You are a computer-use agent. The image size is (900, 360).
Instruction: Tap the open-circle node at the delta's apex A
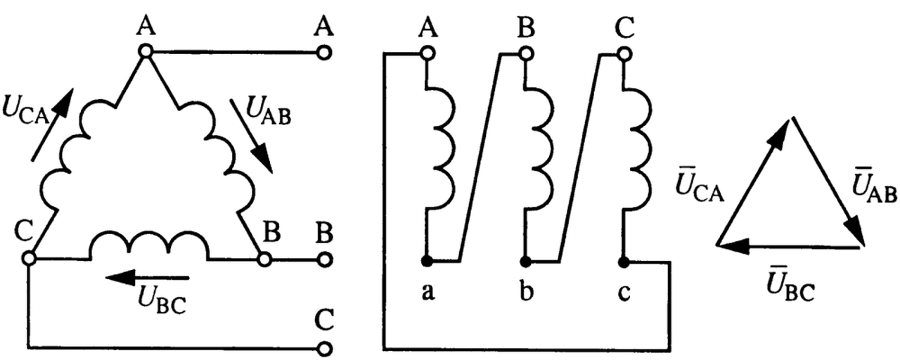pos(146,51)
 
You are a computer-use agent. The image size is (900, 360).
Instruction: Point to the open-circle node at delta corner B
pos(264,259)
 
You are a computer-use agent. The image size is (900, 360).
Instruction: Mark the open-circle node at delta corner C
pos(29,259)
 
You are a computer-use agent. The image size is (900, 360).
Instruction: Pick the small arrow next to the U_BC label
pos(134,277)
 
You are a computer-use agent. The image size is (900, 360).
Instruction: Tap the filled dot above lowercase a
pos(425,262)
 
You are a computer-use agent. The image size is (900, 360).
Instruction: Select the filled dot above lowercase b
pos(524,262)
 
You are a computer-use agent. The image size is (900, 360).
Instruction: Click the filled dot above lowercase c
pos(622,262)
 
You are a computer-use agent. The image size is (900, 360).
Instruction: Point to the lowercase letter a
pos(426,292)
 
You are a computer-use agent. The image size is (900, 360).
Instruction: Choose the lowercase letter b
pos(524,291)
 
